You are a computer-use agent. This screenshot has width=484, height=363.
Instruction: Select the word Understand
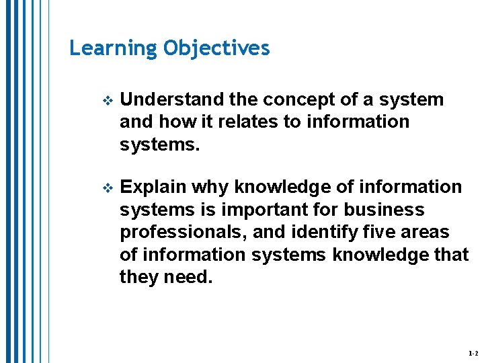[x=172, y=99]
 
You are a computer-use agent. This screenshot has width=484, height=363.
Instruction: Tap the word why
[x=210, y=186]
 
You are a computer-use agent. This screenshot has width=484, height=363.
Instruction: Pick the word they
[x=139, y=277]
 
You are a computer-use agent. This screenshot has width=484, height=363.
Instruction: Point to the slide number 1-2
[x=472, y=353]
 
